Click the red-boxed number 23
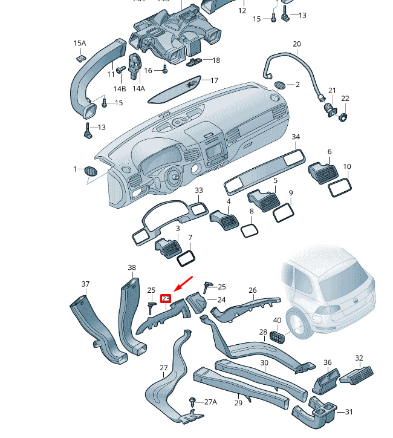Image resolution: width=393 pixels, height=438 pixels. tap(166, 299)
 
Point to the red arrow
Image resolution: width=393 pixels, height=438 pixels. tap(183, 284)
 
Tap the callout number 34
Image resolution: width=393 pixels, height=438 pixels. tap(296, 137)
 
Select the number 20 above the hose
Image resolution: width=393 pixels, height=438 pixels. tap(297, 44)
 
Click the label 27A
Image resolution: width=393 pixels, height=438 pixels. tap(211, 402)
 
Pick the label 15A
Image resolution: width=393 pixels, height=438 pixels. tap(80, 44)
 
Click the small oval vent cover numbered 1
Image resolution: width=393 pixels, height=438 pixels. tap(90, 171)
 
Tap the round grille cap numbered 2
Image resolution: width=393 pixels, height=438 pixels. tap(280, 85)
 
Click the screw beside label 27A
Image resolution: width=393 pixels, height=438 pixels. tap(193, 402)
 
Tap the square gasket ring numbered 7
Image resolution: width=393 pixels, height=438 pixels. tap(186, 258)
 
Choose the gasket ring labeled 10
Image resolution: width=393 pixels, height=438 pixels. tap(340, 187)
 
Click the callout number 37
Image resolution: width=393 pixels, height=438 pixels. tap(85, 284)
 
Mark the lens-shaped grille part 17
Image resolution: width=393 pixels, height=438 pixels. tap(174, 89)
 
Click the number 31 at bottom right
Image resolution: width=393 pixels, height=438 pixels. tap(349, 411)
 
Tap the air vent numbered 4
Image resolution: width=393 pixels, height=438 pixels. tap(224, 220)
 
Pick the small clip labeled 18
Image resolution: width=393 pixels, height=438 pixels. tap(194, 62)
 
